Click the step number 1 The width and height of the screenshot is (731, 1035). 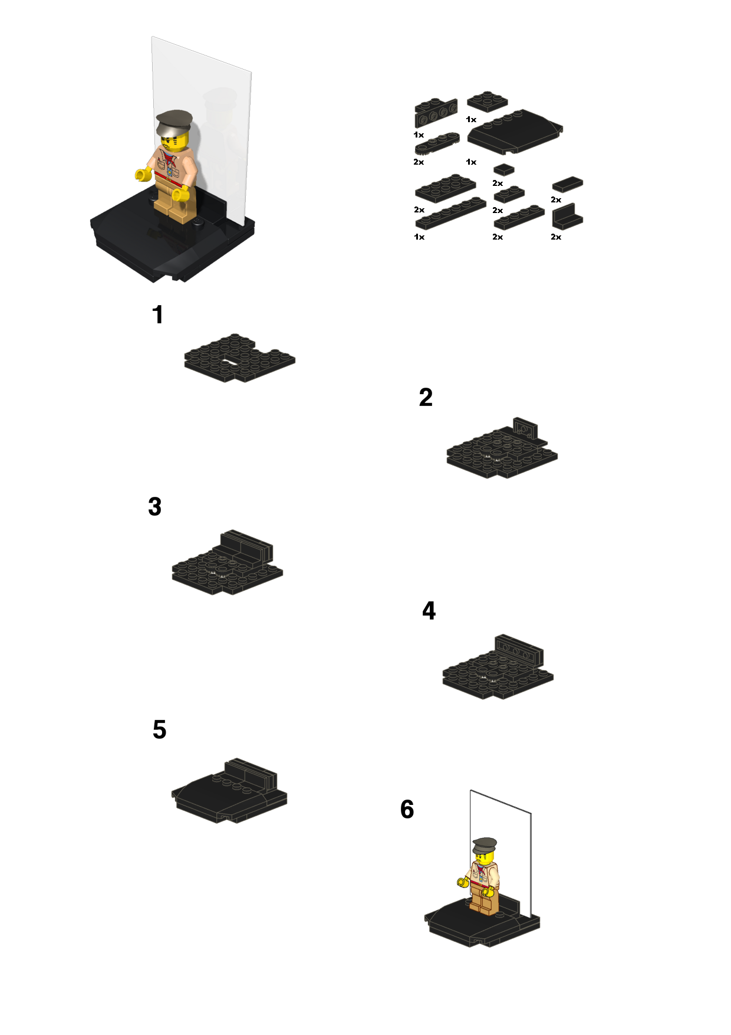tap(157, 315)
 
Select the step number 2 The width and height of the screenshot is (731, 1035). tap(426, 397)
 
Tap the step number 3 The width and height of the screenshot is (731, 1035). tap(154, 506)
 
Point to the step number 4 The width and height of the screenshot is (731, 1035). tap(429, 611)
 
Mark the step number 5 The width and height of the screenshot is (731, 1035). tap(159, 730)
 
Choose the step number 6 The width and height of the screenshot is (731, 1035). tap(407, 810)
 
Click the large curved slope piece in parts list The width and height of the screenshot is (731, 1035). tap(514, 132)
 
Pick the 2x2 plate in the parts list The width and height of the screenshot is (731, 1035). tap(488, 101)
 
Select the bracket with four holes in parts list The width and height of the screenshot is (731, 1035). tap(436, 113)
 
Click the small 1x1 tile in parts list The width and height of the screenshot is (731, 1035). tap(503, 170)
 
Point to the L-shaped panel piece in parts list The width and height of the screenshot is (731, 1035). tap(567, 217)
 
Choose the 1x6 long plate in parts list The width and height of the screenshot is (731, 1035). tap(450, 213)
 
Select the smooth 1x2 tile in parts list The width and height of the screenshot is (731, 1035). tap(567, 184)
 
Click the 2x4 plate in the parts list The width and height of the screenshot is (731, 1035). tap(445, 188)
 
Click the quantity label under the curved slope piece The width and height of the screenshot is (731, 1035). tap(471, 162)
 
